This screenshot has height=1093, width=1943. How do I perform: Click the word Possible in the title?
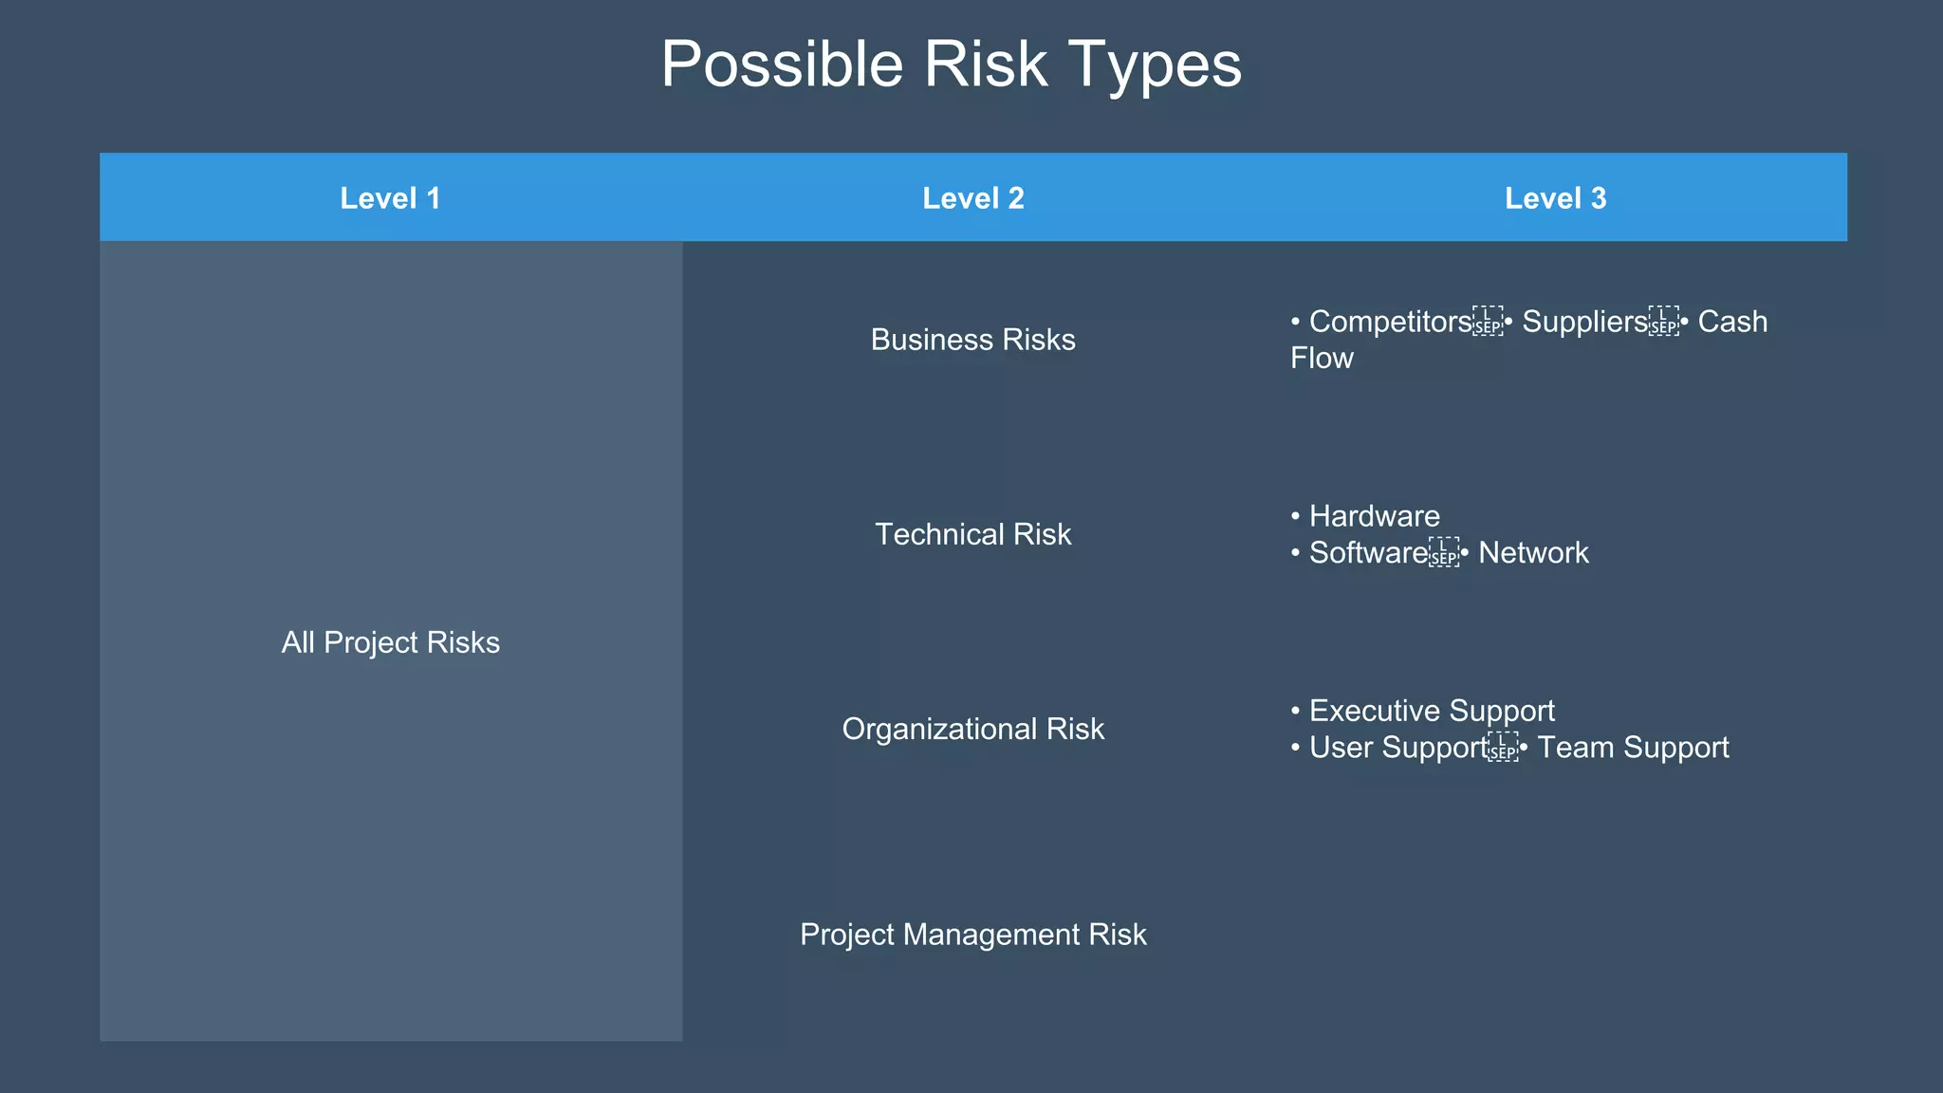782,65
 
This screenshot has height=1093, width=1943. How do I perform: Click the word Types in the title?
1155,65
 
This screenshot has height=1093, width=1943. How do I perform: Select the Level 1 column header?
390,198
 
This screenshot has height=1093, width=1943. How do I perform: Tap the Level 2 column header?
973,198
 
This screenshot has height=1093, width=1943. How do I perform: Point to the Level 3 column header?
1555,198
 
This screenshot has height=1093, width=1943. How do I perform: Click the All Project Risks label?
390,642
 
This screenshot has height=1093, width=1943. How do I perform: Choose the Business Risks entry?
973,340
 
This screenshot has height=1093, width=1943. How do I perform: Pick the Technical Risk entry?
973,534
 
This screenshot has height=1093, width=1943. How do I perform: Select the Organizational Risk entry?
973,729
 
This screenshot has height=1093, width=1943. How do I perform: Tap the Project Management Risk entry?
973,935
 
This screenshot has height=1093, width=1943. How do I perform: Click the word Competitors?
1390,322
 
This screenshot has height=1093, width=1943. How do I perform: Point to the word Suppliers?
1584,322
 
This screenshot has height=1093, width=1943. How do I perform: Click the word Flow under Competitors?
1322,359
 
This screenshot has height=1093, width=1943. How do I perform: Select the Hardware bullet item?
1374,516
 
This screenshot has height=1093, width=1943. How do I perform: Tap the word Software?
1368,553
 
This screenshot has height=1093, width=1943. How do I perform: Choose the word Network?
1533,553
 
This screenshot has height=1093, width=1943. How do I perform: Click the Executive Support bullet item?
1432,711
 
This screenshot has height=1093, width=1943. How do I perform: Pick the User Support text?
1397,748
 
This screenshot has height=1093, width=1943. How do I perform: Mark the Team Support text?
1633,748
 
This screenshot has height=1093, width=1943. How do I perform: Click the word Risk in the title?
986,65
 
